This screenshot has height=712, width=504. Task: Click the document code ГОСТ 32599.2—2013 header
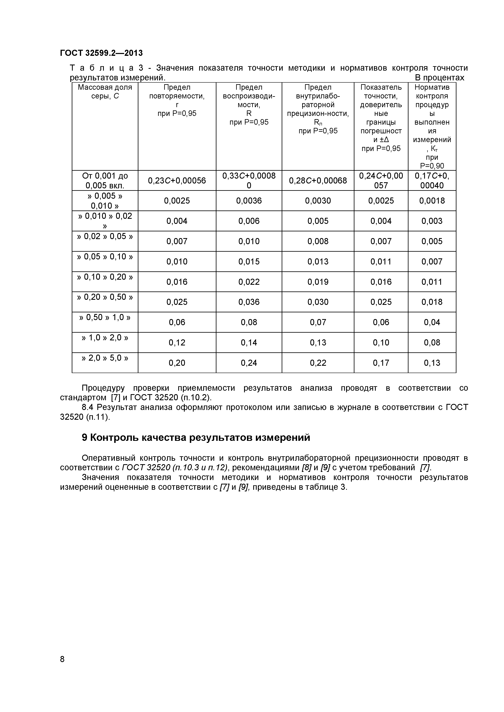101,53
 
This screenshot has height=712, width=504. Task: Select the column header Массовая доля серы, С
105,92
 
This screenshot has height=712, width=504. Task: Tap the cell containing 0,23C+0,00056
177,180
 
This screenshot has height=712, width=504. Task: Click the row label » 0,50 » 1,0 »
105,317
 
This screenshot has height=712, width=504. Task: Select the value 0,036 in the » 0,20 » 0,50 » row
249,302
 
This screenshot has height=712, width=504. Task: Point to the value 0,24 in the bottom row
249,362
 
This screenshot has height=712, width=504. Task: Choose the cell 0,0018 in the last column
432,201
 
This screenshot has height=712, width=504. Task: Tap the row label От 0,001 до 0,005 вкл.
105,180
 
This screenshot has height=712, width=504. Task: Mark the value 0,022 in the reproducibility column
249,282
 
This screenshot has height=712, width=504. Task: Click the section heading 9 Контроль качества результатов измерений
196,437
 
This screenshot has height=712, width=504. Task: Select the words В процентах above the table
439,78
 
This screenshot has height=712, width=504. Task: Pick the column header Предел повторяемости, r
177,100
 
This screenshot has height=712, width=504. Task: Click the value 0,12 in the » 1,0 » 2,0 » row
177,342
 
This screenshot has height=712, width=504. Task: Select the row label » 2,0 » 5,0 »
105,358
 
